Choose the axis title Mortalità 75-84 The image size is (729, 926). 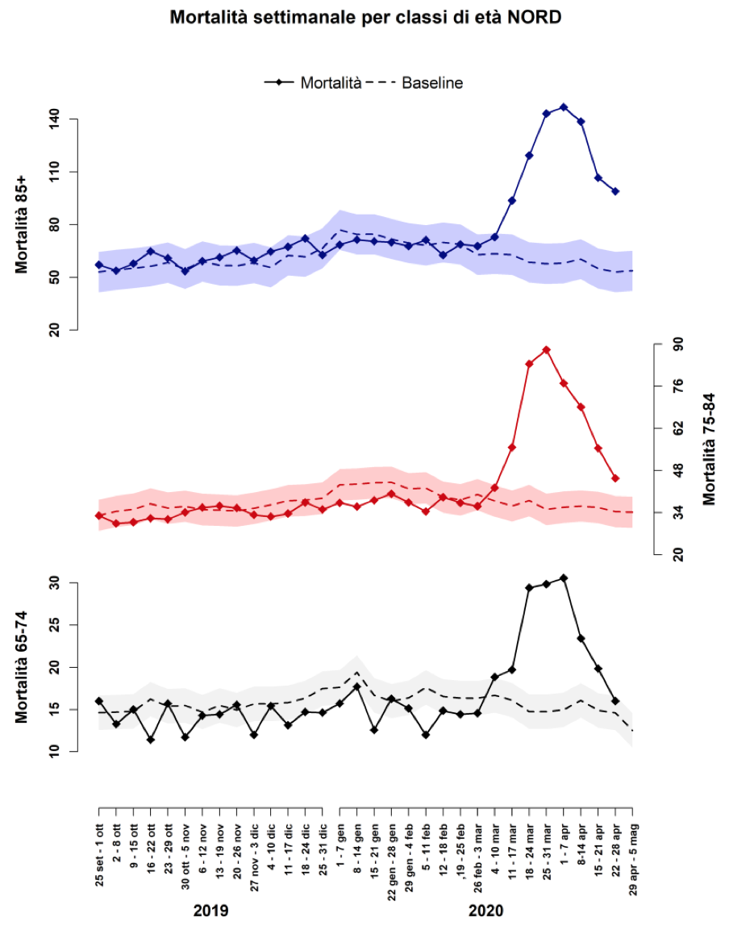click(710, 448)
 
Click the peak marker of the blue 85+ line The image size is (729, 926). click(564, 107)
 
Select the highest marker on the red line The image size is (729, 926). click(547, 350)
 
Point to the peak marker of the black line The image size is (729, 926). click(564, 578)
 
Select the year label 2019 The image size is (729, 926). click(210, 911)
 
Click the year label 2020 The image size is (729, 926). click(485, 911)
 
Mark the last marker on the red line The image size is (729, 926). click(615, 478)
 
